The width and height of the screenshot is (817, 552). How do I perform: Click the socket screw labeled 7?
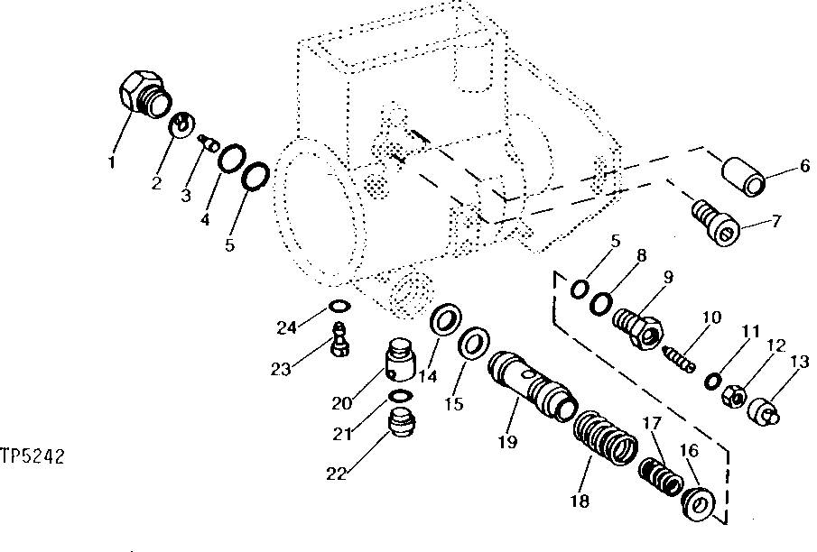(x=717, y=223)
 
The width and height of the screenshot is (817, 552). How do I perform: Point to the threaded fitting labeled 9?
(x=637, y=327)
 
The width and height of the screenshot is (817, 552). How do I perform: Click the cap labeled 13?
(x=766, y=410)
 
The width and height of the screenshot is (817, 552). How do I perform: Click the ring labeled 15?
(x=474, y=345)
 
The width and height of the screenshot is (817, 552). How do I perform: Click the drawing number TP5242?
(x=32, y=457)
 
